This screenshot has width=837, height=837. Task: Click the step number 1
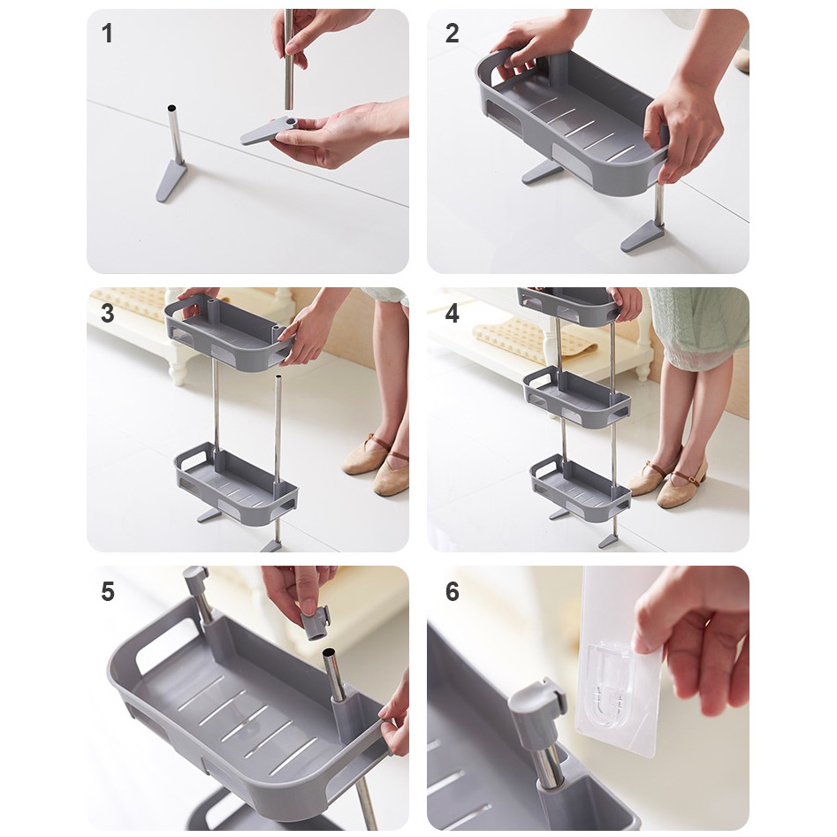(x=107, y=33)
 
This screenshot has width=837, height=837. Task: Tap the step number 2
(x=453, y=33)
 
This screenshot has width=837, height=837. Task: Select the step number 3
(x=107, y=314)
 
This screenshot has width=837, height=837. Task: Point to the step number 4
(x=453, y=314)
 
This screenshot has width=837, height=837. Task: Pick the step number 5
(x=108, y=592)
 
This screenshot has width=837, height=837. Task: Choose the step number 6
(x=453, y=592)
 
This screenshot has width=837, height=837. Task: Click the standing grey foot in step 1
(x=171, y=181)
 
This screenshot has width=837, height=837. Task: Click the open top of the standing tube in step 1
(x=171, y=108)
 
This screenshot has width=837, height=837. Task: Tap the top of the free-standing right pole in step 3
(x=278, y=378)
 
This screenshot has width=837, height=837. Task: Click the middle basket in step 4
(x=576, y=396)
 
